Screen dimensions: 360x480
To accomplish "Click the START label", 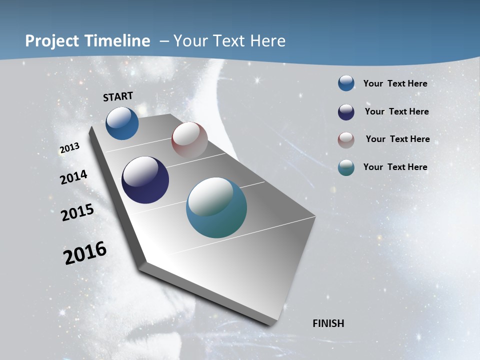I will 118,96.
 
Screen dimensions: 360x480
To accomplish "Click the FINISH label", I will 328,323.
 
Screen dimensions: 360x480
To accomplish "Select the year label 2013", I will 69,148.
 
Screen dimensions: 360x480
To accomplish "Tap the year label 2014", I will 73,177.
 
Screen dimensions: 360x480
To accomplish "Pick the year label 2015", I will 77,212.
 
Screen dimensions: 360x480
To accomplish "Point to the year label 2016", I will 85,252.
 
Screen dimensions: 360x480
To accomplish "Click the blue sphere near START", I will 122,123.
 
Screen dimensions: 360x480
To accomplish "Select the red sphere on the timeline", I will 189,140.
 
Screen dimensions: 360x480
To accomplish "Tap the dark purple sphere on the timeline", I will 145,180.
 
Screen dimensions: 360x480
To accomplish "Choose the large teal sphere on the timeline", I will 216,207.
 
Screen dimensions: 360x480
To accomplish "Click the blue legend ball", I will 346,83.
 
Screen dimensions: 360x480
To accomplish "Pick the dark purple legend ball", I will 346,112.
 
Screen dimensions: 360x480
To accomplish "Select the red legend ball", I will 346,140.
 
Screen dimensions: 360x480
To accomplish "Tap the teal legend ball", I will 346,167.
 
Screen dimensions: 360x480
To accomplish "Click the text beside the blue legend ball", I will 395,83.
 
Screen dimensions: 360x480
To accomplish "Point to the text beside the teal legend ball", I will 395,167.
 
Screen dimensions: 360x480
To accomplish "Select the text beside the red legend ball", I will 397,139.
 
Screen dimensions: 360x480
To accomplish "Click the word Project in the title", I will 52,41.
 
